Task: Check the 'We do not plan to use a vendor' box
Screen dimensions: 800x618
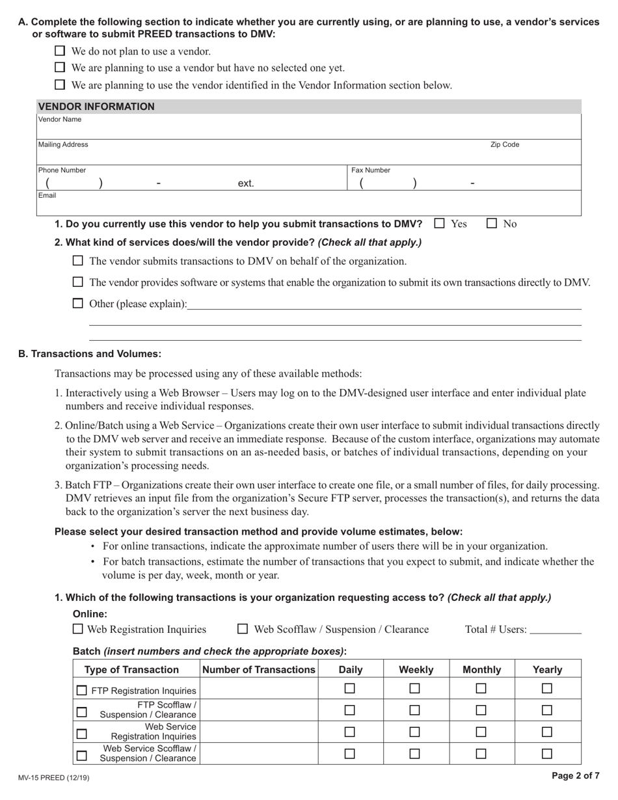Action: (60, 51)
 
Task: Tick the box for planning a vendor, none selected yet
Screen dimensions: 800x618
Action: (60, 67)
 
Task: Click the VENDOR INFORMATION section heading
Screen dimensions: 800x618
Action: (96, 107)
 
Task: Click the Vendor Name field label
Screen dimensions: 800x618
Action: (60, 120)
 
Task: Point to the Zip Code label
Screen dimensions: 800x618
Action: (504, 145)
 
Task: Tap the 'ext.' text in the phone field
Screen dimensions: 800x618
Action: (246, 184)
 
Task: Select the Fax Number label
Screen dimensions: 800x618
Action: (371, 170)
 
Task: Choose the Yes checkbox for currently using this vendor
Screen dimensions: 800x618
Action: (440, 224)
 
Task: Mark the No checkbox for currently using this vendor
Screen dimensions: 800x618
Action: (492, 224)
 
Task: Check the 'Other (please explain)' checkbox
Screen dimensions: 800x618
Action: (78, 303)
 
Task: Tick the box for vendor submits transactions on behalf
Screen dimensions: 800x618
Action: (78, 261)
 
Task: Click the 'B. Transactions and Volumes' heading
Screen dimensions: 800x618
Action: (90, 354)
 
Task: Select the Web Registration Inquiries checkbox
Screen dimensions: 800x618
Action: (78, 629)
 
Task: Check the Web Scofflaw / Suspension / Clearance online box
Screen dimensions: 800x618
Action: (243, 629)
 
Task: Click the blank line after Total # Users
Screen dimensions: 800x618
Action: (556, 630)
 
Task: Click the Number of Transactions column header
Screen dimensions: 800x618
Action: (259, 669)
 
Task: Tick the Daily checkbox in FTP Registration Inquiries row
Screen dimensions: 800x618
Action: (350, 688)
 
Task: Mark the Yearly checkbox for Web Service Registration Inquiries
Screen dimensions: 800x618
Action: (547, 732)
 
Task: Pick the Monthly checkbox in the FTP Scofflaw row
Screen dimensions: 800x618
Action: (481, 710)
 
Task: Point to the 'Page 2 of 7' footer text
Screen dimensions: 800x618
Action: (575, 775)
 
